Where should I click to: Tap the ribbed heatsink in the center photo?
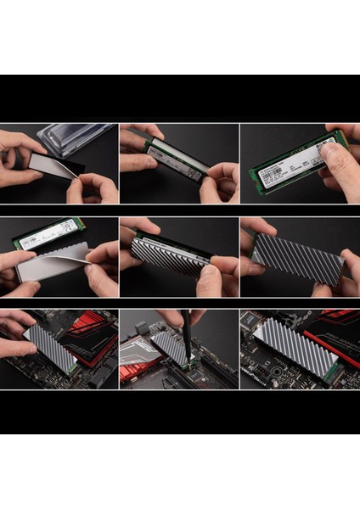(170, 255)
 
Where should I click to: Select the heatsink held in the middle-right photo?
(297, 255)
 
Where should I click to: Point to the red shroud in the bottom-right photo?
(335, 319)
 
